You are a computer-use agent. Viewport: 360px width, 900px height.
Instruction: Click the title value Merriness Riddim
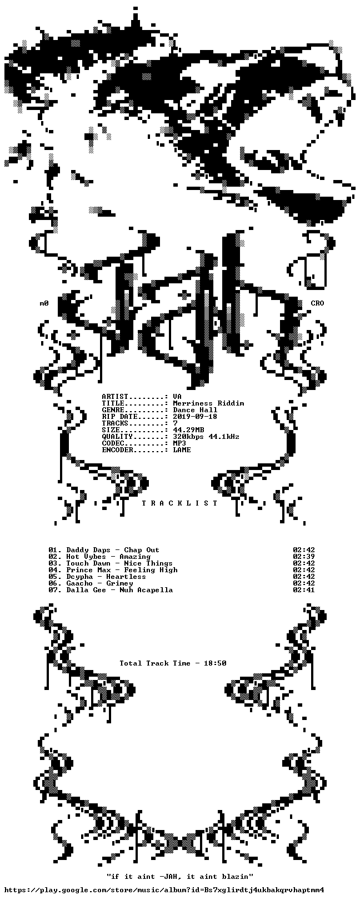208,403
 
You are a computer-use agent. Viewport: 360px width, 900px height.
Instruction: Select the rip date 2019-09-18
195,416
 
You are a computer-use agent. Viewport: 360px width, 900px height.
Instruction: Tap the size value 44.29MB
188,430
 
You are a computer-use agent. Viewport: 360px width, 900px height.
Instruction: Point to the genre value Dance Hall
195,410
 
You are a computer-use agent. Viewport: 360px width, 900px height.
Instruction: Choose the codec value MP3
179,443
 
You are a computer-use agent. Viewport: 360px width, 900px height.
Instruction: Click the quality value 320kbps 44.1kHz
206,436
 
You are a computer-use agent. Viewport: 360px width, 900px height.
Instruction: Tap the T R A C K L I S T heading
179,503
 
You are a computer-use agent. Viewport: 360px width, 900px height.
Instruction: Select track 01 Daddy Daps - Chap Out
104,549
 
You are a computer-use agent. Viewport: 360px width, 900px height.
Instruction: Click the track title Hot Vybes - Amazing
108,557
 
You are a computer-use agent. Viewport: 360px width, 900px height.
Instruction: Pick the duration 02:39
304,557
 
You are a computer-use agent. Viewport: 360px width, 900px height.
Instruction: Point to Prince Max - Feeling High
122,570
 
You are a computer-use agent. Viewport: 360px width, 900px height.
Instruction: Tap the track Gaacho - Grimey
99,583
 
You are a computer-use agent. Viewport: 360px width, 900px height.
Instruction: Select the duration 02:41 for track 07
304,590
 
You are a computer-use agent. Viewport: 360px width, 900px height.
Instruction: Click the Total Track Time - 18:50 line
173,663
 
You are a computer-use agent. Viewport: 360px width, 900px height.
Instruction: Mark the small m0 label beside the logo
44,303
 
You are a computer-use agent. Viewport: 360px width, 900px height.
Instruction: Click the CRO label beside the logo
317,303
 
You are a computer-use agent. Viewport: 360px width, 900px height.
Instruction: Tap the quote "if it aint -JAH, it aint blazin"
179,876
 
